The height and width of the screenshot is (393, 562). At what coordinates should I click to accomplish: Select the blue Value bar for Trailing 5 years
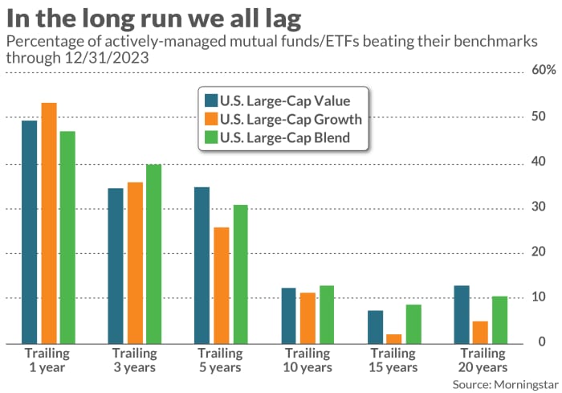click(x=202, y=264)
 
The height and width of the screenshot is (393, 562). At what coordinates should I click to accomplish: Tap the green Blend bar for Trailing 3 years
click(x=153, y=253)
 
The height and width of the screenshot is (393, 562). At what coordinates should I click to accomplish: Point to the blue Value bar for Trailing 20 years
click(x=462, y=314)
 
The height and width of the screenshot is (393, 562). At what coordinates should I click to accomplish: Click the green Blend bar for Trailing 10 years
click(x=327, y=314)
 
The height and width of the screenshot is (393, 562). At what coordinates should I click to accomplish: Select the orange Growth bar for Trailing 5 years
click(x=221, y=285)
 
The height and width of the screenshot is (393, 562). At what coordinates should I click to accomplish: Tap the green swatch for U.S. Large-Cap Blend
click(x=212, y=137)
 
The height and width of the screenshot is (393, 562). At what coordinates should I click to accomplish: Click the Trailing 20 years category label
click(x=481, y=360)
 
